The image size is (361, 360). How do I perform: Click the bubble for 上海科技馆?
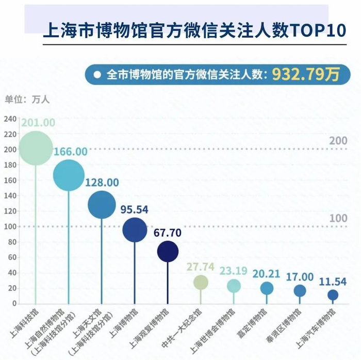click(36, 148)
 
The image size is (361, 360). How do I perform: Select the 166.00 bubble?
click(69, 175)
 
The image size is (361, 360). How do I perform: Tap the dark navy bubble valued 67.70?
click(168, 252)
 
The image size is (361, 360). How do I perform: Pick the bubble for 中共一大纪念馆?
click(201, 283)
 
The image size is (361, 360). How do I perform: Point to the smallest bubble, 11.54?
click(333, 295)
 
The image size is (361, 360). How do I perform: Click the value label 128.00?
click(102, 183)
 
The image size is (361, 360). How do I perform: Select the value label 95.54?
click(135, 210)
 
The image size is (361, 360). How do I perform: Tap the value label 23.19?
click(234, 271)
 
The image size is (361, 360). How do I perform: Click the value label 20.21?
click(267, 274)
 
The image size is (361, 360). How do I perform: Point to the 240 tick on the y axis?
click(10, 119)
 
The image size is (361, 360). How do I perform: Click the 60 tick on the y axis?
click(12, 257)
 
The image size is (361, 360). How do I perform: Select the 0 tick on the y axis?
click(14, 304)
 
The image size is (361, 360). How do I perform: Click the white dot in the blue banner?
click(97, 75)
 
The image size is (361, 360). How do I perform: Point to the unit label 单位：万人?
click(27, 100)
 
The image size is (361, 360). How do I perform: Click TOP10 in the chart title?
click(318, 30)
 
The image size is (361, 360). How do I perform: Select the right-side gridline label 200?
click(338, 141)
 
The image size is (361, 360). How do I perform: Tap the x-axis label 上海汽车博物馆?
click(316, 329)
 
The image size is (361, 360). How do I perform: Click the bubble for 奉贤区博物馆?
click(300, 291)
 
